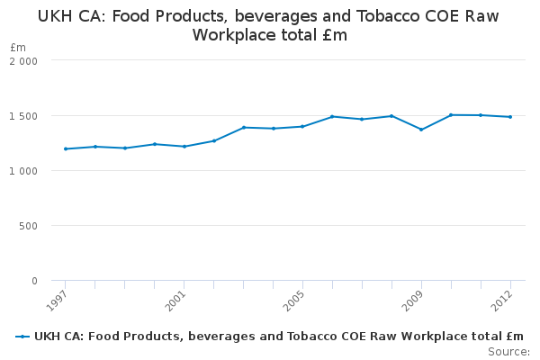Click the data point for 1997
66,148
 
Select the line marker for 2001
184,146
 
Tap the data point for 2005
302,126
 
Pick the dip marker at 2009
421,130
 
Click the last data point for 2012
510,117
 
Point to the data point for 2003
243,128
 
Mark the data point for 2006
332,116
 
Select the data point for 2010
451,115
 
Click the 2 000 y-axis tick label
23,60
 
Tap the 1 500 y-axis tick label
23,116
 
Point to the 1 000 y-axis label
23,171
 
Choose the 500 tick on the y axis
29,226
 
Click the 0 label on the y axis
34,281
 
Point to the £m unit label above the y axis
18,47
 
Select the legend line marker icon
22,337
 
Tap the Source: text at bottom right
508,351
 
